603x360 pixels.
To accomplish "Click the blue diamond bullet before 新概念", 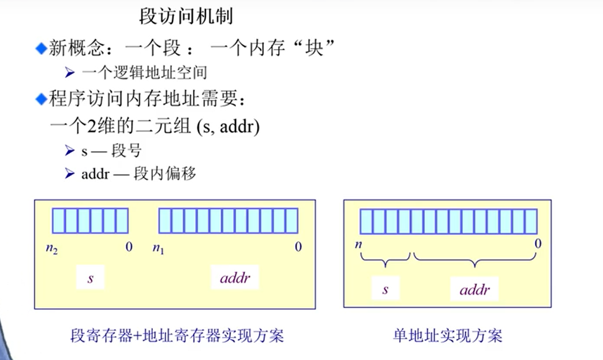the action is (x=40, y=49).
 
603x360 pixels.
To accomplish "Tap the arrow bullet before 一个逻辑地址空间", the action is (x=70, y=73).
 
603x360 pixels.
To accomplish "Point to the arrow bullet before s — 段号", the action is (x=70, y=151).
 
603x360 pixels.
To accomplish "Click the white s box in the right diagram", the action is (x=385, y=289).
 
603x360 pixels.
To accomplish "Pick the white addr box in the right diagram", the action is (x=474, y=289).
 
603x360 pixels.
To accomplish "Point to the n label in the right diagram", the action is (x=359, y=243).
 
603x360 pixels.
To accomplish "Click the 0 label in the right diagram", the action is (x=538, y=243).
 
